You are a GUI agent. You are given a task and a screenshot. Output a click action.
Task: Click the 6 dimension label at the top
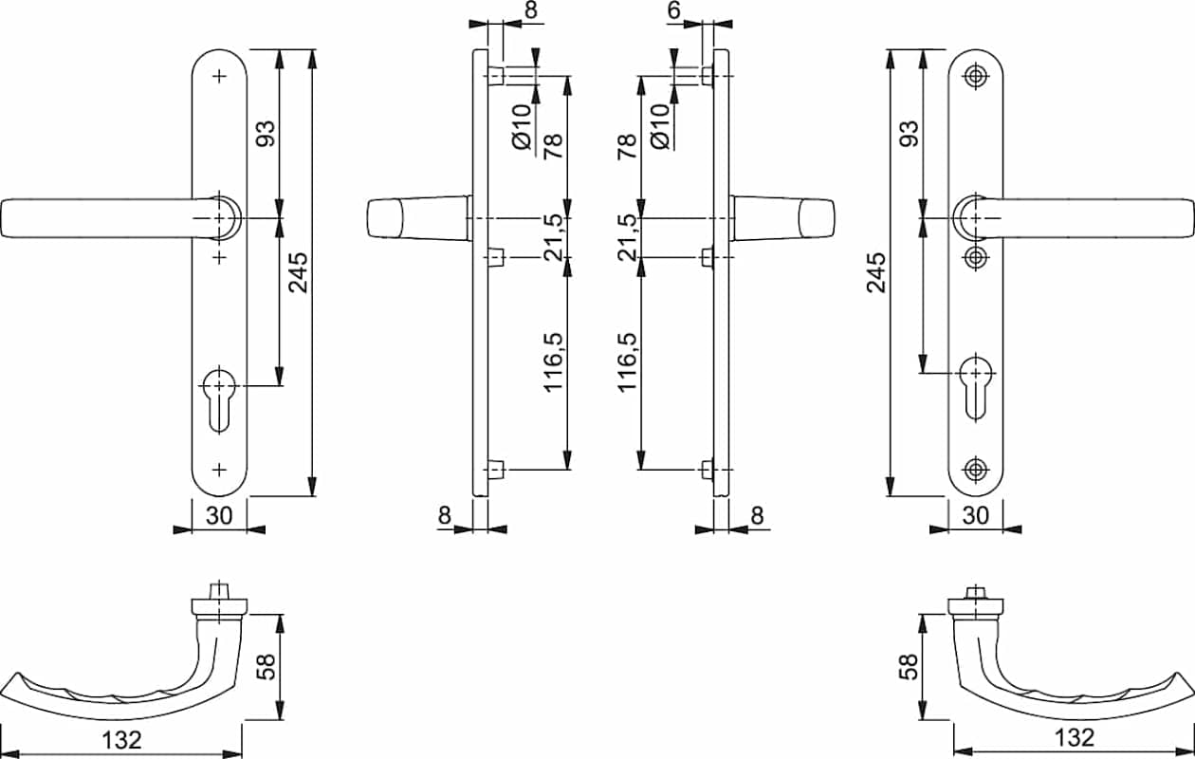[x=674, y=9]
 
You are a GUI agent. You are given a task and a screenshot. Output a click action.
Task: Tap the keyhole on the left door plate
[x=219, y=399]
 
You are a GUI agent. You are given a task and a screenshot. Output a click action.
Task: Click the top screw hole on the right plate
[x=976, y=76]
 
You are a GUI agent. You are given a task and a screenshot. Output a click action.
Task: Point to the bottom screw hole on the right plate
[x=976, y=470]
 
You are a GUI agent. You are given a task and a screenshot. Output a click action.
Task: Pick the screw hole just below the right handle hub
[x=976, y=257]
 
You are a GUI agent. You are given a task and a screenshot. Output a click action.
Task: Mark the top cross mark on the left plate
[x=219, y=76]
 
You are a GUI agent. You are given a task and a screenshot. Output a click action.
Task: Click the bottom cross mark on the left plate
[x=219, y=470]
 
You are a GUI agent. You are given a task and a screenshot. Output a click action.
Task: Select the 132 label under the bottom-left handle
[x=121, y=740]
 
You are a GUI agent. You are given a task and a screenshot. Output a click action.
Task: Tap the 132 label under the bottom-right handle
[x=1075, y=738]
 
